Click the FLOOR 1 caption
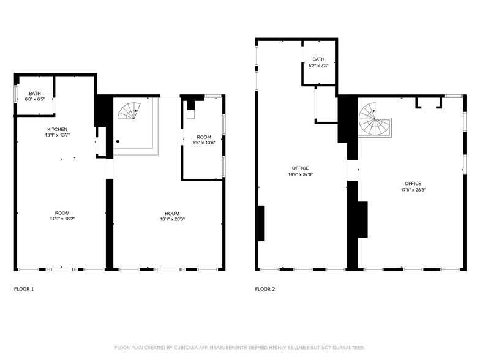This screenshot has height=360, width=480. (24, 289)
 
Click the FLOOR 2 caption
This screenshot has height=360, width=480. (265, 289)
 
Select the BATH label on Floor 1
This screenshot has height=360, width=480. (34, 93)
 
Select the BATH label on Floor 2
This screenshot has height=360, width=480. (318, 59)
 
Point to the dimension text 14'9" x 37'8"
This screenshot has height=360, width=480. (301, 174)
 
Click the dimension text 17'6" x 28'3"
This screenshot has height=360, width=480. (413, 189)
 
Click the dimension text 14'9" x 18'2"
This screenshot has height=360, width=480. (62, 219)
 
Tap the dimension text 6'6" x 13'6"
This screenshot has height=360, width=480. (204, 143)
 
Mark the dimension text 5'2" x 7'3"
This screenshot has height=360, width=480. (318, 65)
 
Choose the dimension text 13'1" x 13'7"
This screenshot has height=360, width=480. (58, 135)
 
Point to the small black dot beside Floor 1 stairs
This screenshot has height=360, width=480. (118, 141)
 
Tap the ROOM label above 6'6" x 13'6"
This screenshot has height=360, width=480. (204, 137)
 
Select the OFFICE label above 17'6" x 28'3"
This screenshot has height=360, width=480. (413, 183)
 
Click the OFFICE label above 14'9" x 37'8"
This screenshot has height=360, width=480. (301, 168)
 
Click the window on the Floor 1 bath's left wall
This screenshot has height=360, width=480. (15, 92)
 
